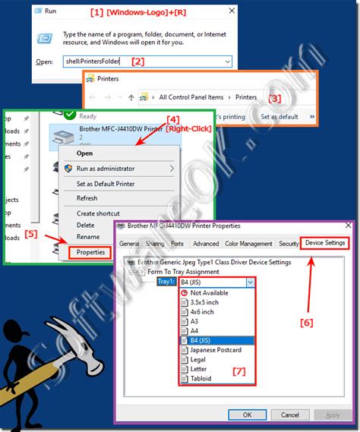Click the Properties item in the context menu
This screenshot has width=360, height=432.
tap(90, 252)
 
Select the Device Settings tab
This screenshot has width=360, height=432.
tap(325, 243)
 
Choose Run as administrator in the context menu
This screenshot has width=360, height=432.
tap(105, 169)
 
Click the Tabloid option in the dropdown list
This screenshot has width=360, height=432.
tap(201, 378)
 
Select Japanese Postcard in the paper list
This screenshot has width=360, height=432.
tap(216, 350)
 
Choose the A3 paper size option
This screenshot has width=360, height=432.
tap(196, 320)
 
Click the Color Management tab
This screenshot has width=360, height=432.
tap(248, 244)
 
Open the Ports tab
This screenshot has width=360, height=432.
tap(177, 244)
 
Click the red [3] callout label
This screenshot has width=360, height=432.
tap(276, 98)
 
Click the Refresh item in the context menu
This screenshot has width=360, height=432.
tap(87, 198)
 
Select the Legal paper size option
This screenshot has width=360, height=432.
tap(199, 359)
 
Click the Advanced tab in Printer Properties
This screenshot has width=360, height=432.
tap(205, 244)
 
